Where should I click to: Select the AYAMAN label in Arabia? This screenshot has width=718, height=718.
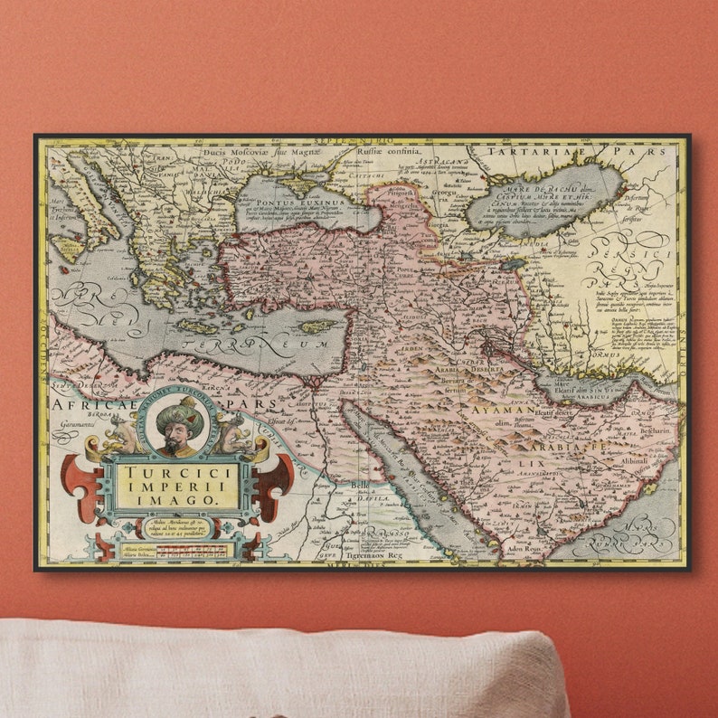pos(503,410)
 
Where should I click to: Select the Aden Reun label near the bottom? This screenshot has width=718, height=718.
pos(528,548)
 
